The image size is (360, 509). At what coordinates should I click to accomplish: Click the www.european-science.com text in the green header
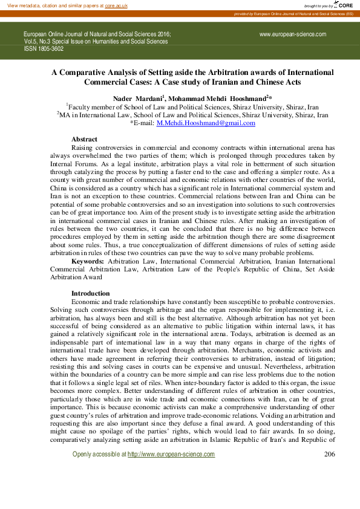pos(293,34)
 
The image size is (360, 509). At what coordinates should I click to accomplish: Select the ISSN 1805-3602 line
pos(43,49)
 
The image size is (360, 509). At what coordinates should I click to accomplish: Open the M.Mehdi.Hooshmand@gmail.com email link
pos(206,123)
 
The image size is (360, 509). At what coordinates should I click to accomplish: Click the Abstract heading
pos(84,140)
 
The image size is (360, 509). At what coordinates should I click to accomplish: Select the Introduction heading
pos(90,293)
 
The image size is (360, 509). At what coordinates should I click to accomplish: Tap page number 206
pos(330,454)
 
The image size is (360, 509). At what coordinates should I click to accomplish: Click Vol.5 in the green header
pos(31,42)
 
